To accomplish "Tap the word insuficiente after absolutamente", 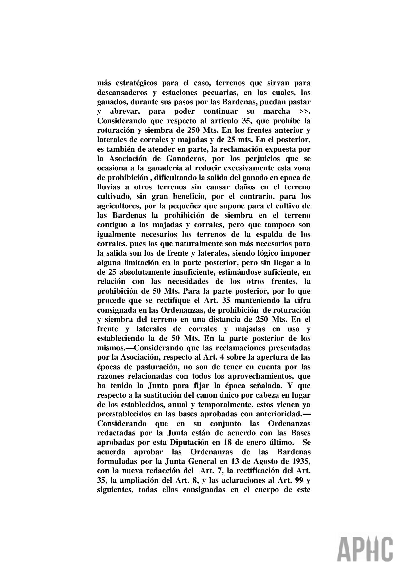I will [x=201, y=272].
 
